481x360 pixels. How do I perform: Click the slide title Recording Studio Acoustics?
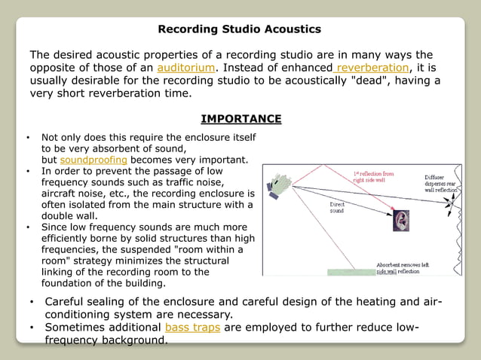239,29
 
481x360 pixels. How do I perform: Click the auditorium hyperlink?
186,68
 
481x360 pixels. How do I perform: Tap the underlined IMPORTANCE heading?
240,119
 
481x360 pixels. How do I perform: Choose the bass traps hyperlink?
192,328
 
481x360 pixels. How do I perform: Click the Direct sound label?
337,207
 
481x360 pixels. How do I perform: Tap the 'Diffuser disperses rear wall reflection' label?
440,185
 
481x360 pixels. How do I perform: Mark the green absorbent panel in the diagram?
351,271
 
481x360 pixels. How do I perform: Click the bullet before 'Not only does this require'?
28,139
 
